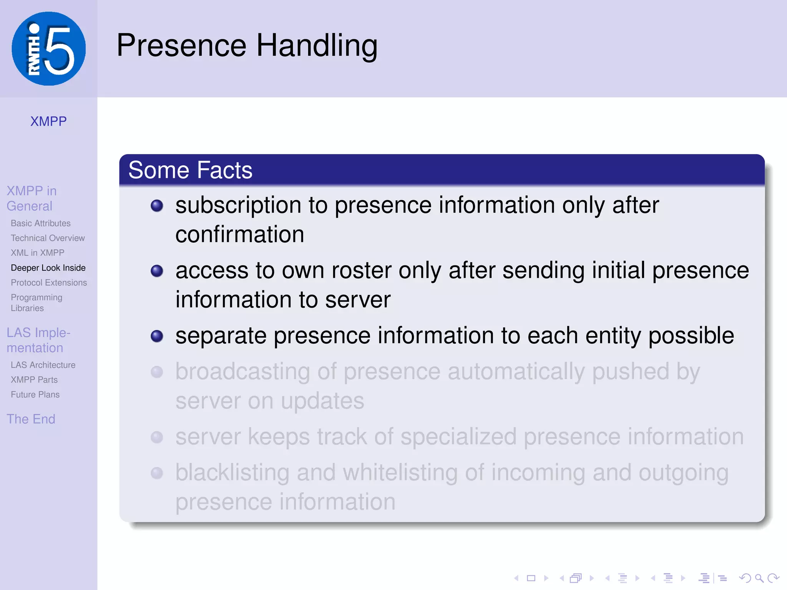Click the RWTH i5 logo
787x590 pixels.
click(x=49, y=49)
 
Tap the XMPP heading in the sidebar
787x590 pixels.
click(x=48, y=121)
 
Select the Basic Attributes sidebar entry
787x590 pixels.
click(x=41, y=223)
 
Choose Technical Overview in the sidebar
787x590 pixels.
click(x=48, y=238)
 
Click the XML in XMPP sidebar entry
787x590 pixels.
click(x=37, y=253)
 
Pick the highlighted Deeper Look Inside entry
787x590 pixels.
click(x=48, y=268)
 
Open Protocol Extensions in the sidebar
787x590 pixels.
click(x=49, y=283)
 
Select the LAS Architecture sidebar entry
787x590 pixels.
click(x=43, y=365)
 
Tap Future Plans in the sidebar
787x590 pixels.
click(x=35, y=394)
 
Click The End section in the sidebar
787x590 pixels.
click(x=31, y=419)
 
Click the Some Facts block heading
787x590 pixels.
click(x=190, y=170)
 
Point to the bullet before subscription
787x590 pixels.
click(x=157, y=206)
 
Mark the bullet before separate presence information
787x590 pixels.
click(x=157, y=336)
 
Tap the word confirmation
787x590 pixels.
click(x=240, y=235)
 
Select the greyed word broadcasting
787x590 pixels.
click(x=242, y=372)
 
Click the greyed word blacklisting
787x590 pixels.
click(x=232, y=473)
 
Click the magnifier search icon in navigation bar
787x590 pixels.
click(x=759, y=578)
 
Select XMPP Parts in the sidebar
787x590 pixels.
click(x=34, y=380)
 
